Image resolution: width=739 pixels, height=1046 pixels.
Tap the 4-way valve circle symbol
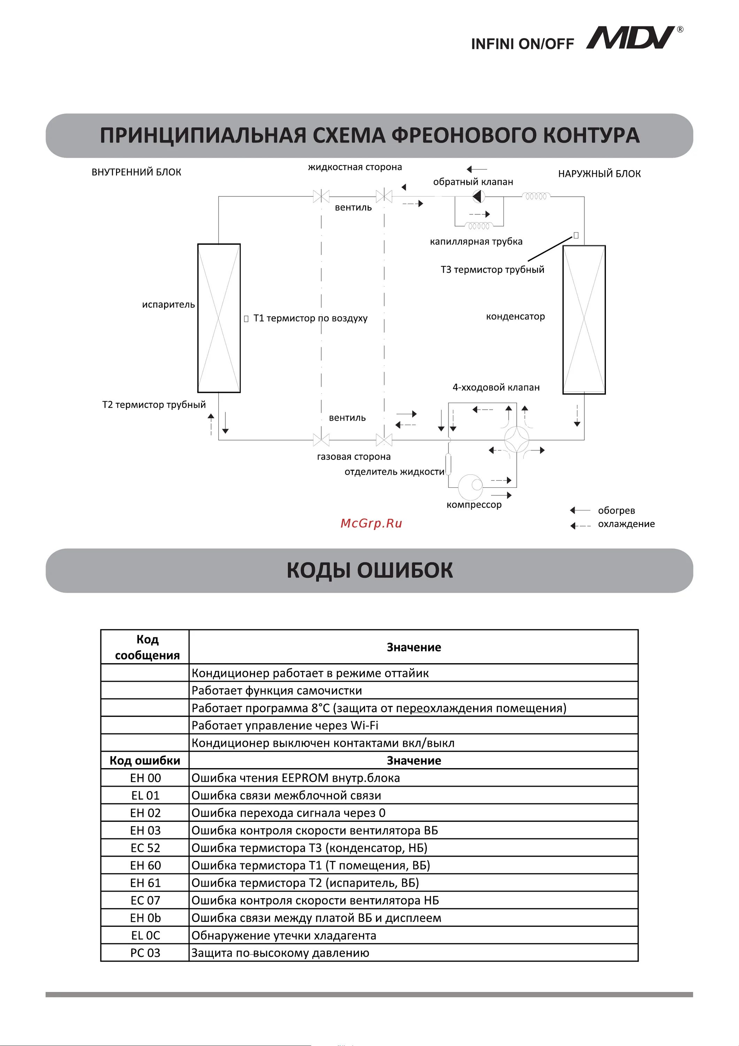517,439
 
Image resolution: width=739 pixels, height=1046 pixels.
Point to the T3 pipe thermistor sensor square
576,235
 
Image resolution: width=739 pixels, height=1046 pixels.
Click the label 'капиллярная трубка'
476,242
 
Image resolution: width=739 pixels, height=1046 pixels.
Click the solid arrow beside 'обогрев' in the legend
580,510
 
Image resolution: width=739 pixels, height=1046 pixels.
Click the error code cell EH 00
145,778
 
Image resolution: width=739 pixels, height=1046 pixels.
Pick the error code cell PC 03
145,953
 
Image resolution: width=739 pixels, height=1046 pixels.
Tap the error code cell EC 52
145,848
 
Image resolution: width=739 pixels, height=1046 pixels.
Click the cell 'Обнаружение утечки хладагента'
284,935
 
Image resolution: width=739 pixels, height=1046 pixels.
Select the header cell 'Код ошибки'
145,760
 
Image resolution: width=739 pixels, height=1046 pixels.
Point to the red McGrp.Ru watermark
371,523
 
